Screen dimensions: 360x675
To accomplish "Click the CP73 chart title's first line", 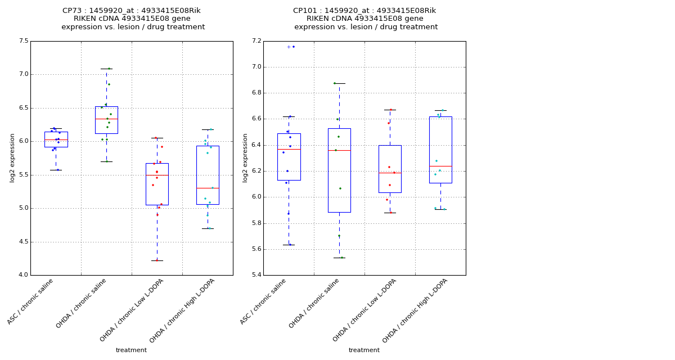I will tap(132, 11).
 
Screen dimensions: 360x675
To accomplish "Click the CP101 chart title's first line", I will tap(364, 11).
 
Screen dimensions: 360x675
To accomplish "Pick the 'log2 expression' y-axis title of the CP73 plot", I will tap(12, 157).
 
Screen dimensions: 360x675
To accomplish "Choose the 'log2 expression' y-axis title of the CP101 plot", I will tap(245, 157).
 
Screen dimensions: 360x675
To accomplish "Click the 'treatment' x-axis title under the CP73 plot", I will tap(131, 350).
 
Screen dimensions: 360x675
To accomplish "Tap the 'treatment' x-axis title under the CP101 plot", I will tap(364, 350).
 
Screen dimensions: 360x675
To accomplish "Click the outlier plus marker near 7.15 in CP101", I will tap(289, 47).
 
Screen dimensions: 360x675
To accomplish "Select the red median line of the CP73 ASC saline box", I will tap(56, 139).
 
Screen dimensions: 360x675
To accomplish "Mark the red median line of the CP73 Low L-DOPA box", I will tap(157, 175).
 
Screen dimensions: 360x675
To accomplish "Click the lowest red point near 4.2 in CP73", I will tap(157, 260).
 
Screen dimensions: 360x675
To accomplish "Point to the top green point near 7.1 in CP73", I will tap(109, 69).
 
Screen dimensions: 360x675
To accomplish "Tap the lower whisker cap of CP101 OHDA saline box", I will tap(339, 258).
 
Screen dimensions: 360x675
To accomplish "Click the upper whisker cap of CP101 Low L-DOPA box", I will tap(390, 110).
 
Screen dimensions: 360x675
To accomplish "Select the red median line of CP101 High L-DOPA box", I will tap(440, 166).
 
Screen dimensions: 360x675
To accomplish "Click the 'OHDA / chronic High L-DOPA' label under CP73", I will tap(183, 310).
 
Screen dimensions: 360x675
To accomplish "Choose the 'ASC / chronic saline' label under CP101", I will tap(264, 301).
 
